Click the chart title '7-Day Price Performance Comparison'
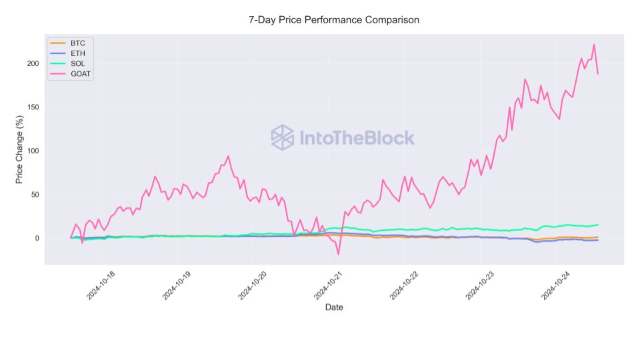tap(334, 20)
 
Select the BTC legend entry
tap(77, 43)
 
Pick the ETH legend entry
tap(77, 53)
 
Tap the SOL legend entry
tap(77, 63)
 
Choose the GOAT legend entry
tap(81, 74)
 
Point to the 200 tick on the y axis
tap(33, 63)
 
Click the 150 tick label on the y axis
tap(33, 107)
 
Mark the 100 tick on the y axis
tap(33, 151)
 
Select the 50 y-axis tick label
tap(35, 195)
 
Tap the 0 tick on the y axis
tap(37, 239)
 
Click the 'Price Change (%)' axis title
tap(20, 151)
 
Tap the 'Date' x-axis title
tap(334, 307)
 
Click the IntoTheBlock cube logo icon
tap(282, 137)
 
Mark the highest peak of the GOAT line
tap(593, 45)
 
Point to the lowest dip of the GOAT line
tap(338, 254)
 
